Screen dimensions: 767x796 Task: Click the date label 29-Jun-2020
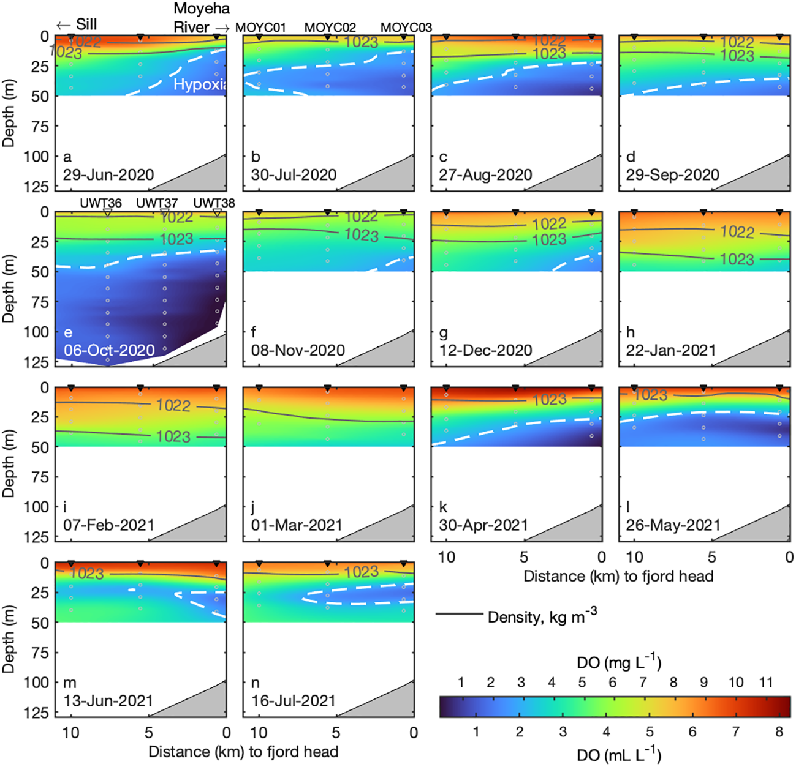108,175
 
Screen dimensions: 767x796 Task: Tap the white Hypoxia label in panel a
200,84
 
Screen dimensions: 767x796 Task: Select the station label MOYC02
330,28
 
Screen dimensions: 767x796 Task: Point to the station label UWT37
157,203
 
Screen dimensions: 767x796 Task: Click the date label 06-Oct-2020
109,351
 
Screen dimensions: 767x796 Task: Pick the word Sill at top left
86,25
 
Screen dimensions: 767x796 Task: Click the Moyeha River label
201,18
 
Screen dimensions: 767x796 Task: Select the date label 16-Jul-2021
294,701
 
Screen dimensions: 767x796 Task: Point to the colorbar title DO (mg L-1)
619,662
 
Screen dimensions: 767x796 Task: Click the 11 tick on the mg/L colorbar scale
765,683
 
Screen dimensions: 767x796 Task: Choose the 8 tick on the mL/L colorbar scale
779,731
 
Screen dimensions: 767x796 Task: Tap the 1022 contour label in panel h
737,232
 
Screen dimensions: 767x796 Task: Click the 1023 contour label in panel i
173,436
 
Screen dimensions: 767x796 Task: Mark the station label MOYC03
406,28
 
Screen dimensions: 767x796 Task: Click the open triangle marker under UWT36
107,212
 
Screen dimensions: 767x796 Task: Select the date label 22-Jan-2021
670,351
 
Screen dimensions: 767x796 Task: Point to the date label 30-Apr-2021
483,525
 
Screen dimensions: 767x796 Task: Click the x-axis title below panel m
243,752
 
